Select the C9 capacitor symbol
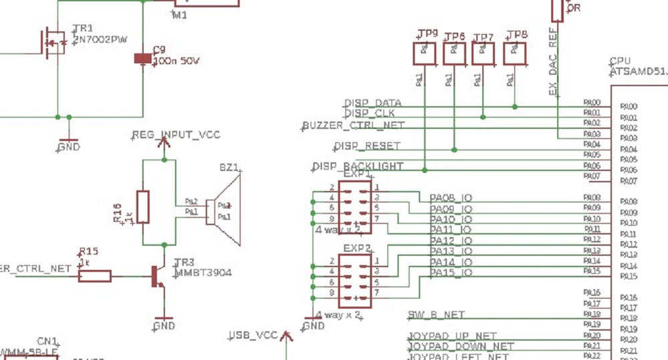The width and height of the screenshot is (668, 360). pyautogui.click(x=142, y=59)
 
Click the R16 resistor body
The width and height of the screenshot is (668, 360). pyautogui.click(x=142, y=207)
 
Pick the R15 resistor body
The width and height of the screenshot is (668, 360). pyautogui.click(x=94, y=275)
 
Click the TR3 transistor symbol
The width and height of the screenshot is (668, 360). pyautogui.click(x=158, y=275)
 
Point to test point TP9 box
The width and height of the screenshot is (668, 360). pyautogui.click(x=424, y=53)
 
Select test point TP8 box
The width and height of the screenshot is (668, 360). pyautogui.click(x=514, y=53)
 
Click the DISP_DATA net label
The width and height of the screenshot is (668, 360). pyautogui.click(x=373, y=104)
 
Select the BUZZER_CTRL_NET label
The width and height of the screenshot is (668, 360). pyautogui.click(x=353, y=126)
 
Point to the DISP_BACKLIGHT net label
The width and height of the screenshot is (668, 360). pyautogui.click(x=357, y=166)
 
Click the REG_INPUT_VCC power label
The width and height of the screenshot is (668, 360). pyautogui.click(x=176, y=136)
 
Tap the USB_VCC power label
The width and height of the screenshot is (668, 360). pyautogui.click(x=253, y=335)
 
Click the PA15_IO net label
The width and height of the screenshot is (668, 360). pyautogui.click(x=451, y=273)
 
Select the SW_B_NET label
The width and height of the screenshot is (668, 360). pyautogui.click(x=436, y=315)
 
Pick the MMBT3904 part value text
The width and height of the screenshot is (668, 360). pyautogui.click(x=203, y=273)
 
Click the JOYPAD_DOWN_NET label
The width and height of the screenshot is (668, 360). pyautogui.click(x=461, y=347)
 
